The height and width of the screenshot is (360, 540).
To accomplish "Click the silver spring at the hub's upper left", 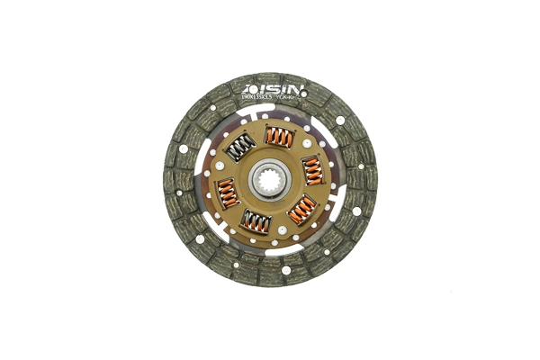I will (239, 147).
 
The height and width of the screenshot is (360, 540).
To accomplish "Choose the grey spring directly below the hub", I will (257, 221).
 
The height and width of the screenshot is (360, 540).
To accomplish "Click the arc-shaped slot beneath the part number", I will (270, 110).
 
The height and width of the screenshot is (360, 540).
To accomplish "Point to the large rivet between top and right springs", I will (307, 143).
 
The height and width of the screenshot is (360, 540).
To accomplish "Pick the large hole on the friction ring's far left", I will (184, 148).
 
